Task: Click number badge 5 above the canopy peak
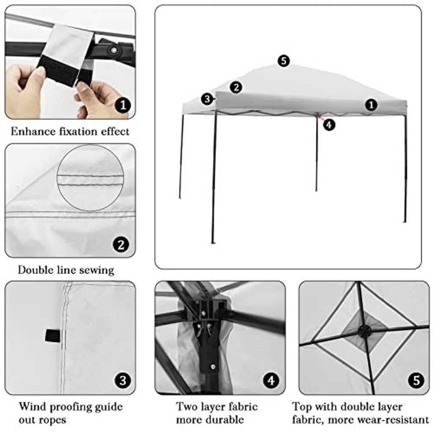coord(284,61)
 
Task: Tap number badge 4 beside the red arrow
coord(329,125)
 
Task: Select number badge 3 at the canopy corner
coord(208,99)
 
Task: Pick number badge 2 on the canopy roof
coord(236,87)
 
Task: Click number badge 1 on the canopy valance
coord(371,105)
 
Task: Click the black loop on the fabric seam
coord(53,336)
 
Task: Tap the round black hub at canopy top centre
coord(364,331)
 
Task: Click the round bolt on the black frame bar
coord(113,50)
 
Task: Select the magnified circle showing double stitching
coord(90,178)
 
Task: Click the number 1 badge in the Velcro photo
coord(123,105)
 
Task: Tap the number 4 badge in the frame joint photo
coord(271,381)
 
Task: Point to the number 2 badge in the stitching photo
coord(121,244)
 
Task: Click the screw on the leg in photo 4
coord(213,367)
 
